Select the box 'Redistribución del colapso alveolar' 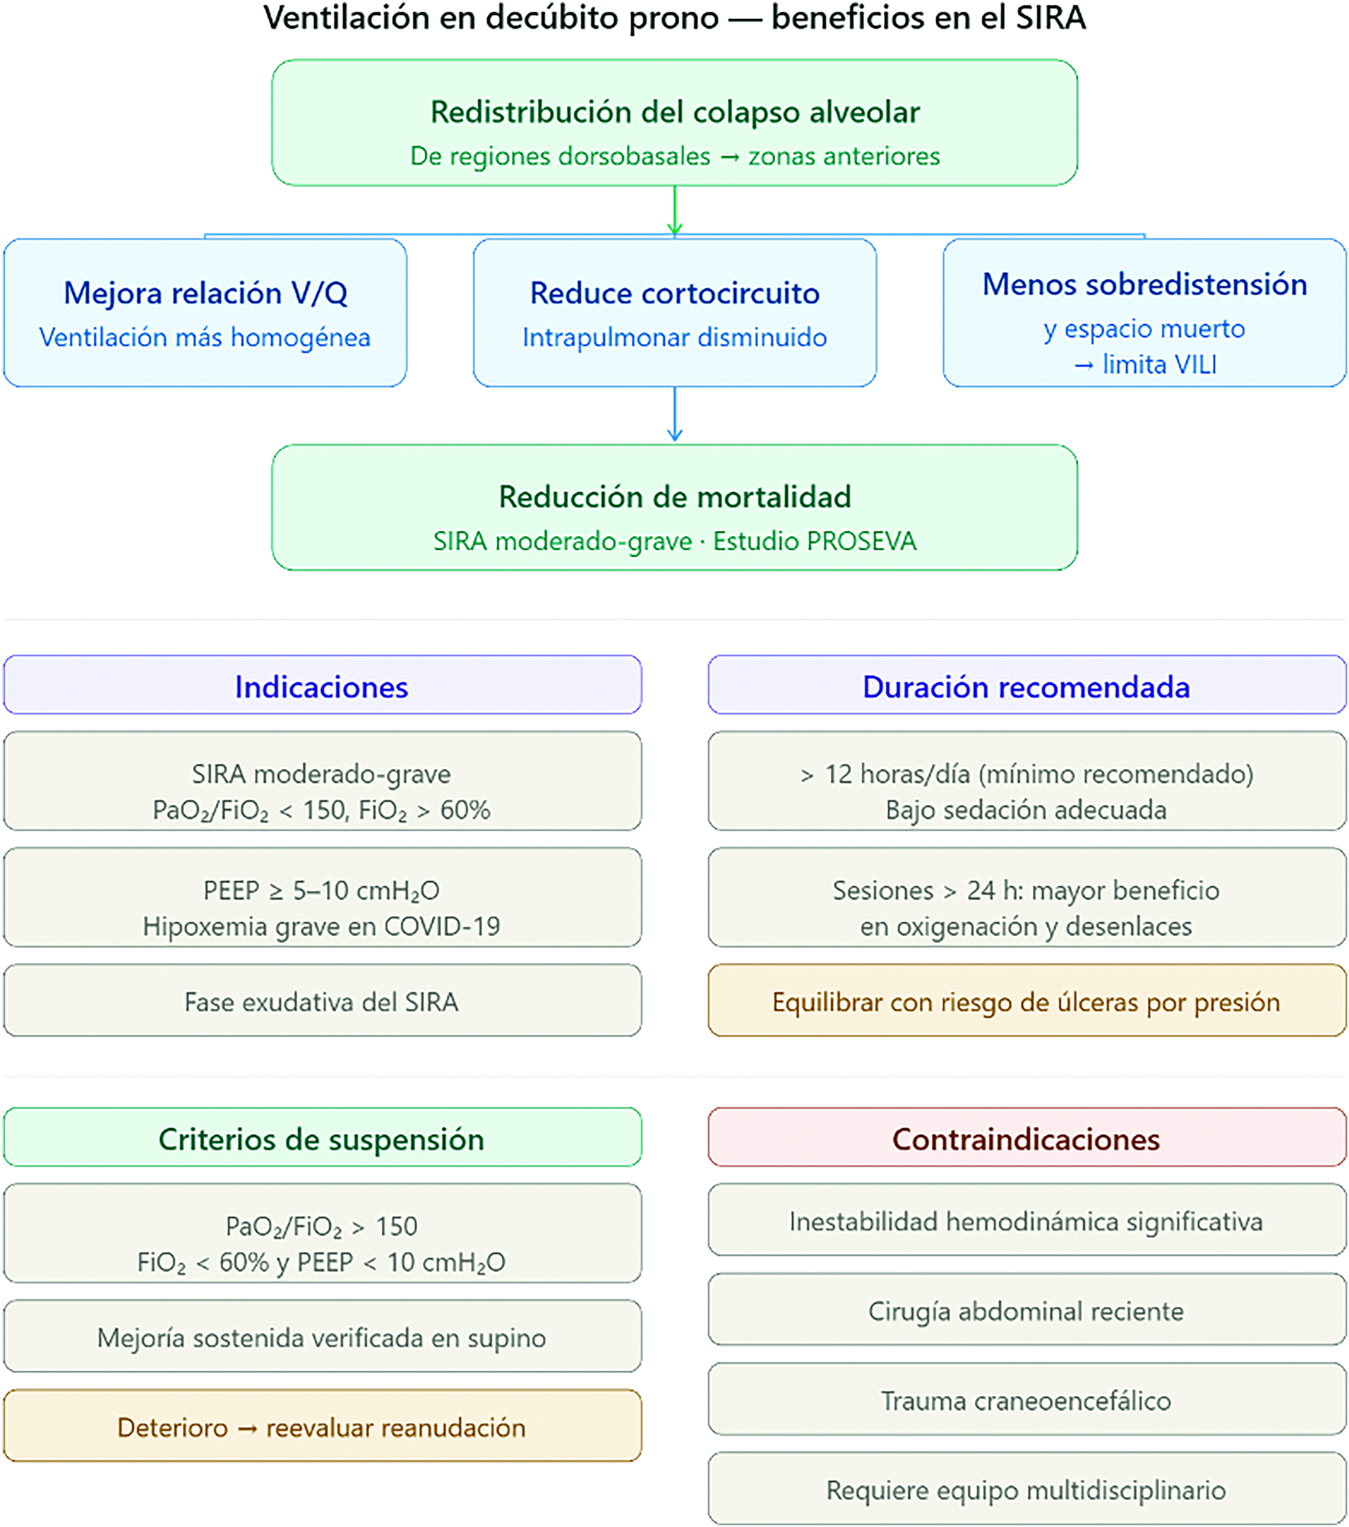tap(674, 122)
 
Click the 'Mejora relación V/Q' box tap(205, 312)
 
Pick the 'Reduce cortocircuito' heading tap(674, 293)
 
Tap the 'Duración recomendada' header tap(1027, 684)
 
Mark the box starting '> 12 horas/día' tap(1027, 781)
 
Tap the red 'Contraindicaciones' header tap(1027, 1137)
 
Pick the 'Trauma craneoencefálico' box tap(1027, 1398)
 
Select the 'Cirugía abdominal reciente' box tap(1027, 1309)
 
